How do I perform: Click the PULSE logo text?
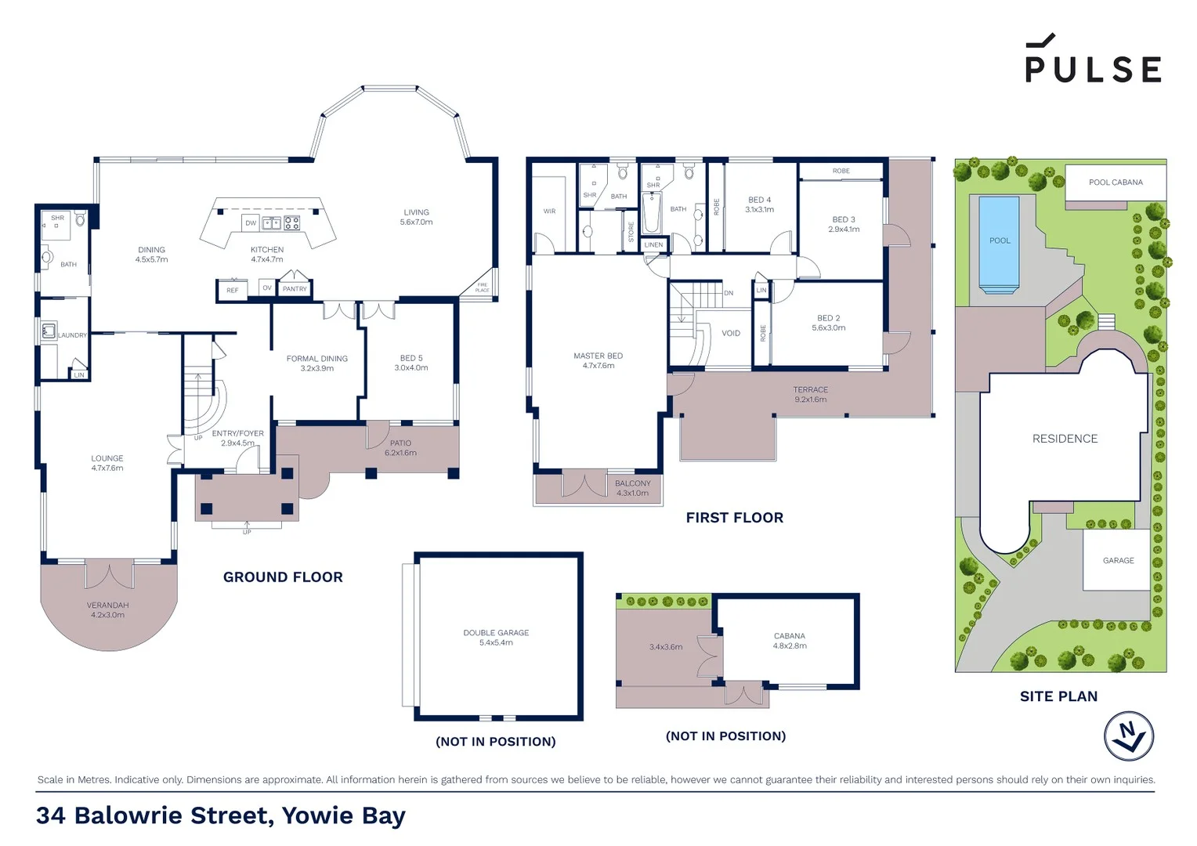click(x=1093, y=68)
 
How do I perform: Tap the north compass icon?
click(x=1128, y=736)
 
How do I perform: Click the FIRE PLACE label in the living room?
click(x=482, y=287)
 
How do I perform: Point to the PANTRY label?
click(x=295, y=289)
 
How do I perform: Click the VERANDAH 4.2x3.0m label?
click(x=107, y=609)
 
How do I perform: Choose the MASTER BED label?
click(x=598, y=360)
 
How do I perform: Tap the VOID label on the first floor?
click(x=730, y=333)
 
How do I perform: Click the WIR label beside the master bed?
click(x=549, y=211)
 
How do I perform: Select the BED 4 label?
click(x=759, y=204)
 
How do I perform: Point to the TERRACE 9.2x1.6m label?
click(x=810, y=394)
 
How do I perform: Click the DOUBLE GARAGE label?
click(x=496, y=637)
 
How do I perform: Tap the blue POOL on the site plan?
click(x=999, y=241)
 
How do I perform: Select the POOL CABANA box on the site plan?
click(x=1116, y=183)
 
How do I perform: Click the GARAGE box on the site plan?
click(x=1118, y=560)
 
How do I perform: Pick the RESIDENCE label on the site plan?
click(x=1065, y=439)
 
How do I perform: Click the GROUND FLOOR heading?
click(x=283, y=577)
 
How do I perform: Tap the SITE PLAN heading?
click(x=1058, y=696)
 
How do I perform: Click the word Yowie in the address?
click(x=318, y=815)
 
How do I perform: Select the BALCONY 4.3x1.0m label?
click(x=632, y=488)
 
